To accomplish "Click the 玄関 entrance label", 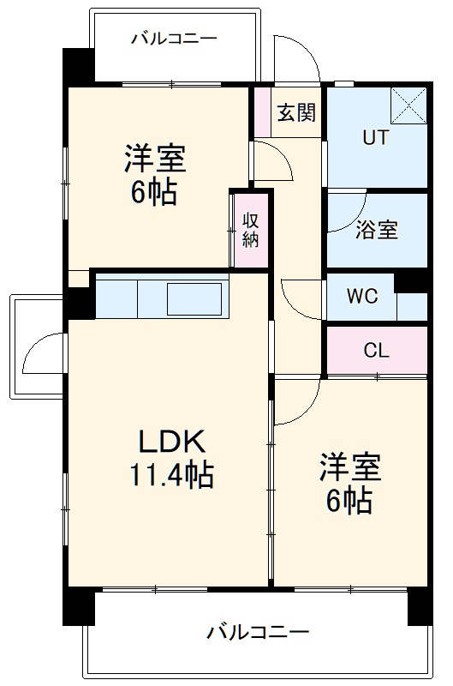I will (296, 112).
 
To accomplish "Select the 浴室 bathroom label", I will (376, 230).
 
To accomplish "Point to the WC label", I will (361, 298).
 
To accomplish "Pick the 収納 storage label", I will (250, 228).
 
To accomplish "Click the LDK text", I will (172, 442).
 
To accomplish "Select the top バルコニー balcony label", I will (174, 39).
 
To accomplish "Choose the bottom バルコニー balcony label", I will (257, 633).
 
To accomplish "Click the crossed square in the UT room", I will (408, 106).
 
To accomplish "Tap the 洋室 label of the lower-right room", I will (350, 468).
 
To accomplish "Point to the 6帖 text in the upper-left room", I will (154, 192).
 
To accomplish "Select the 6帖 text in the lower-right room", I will (349, 500).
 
